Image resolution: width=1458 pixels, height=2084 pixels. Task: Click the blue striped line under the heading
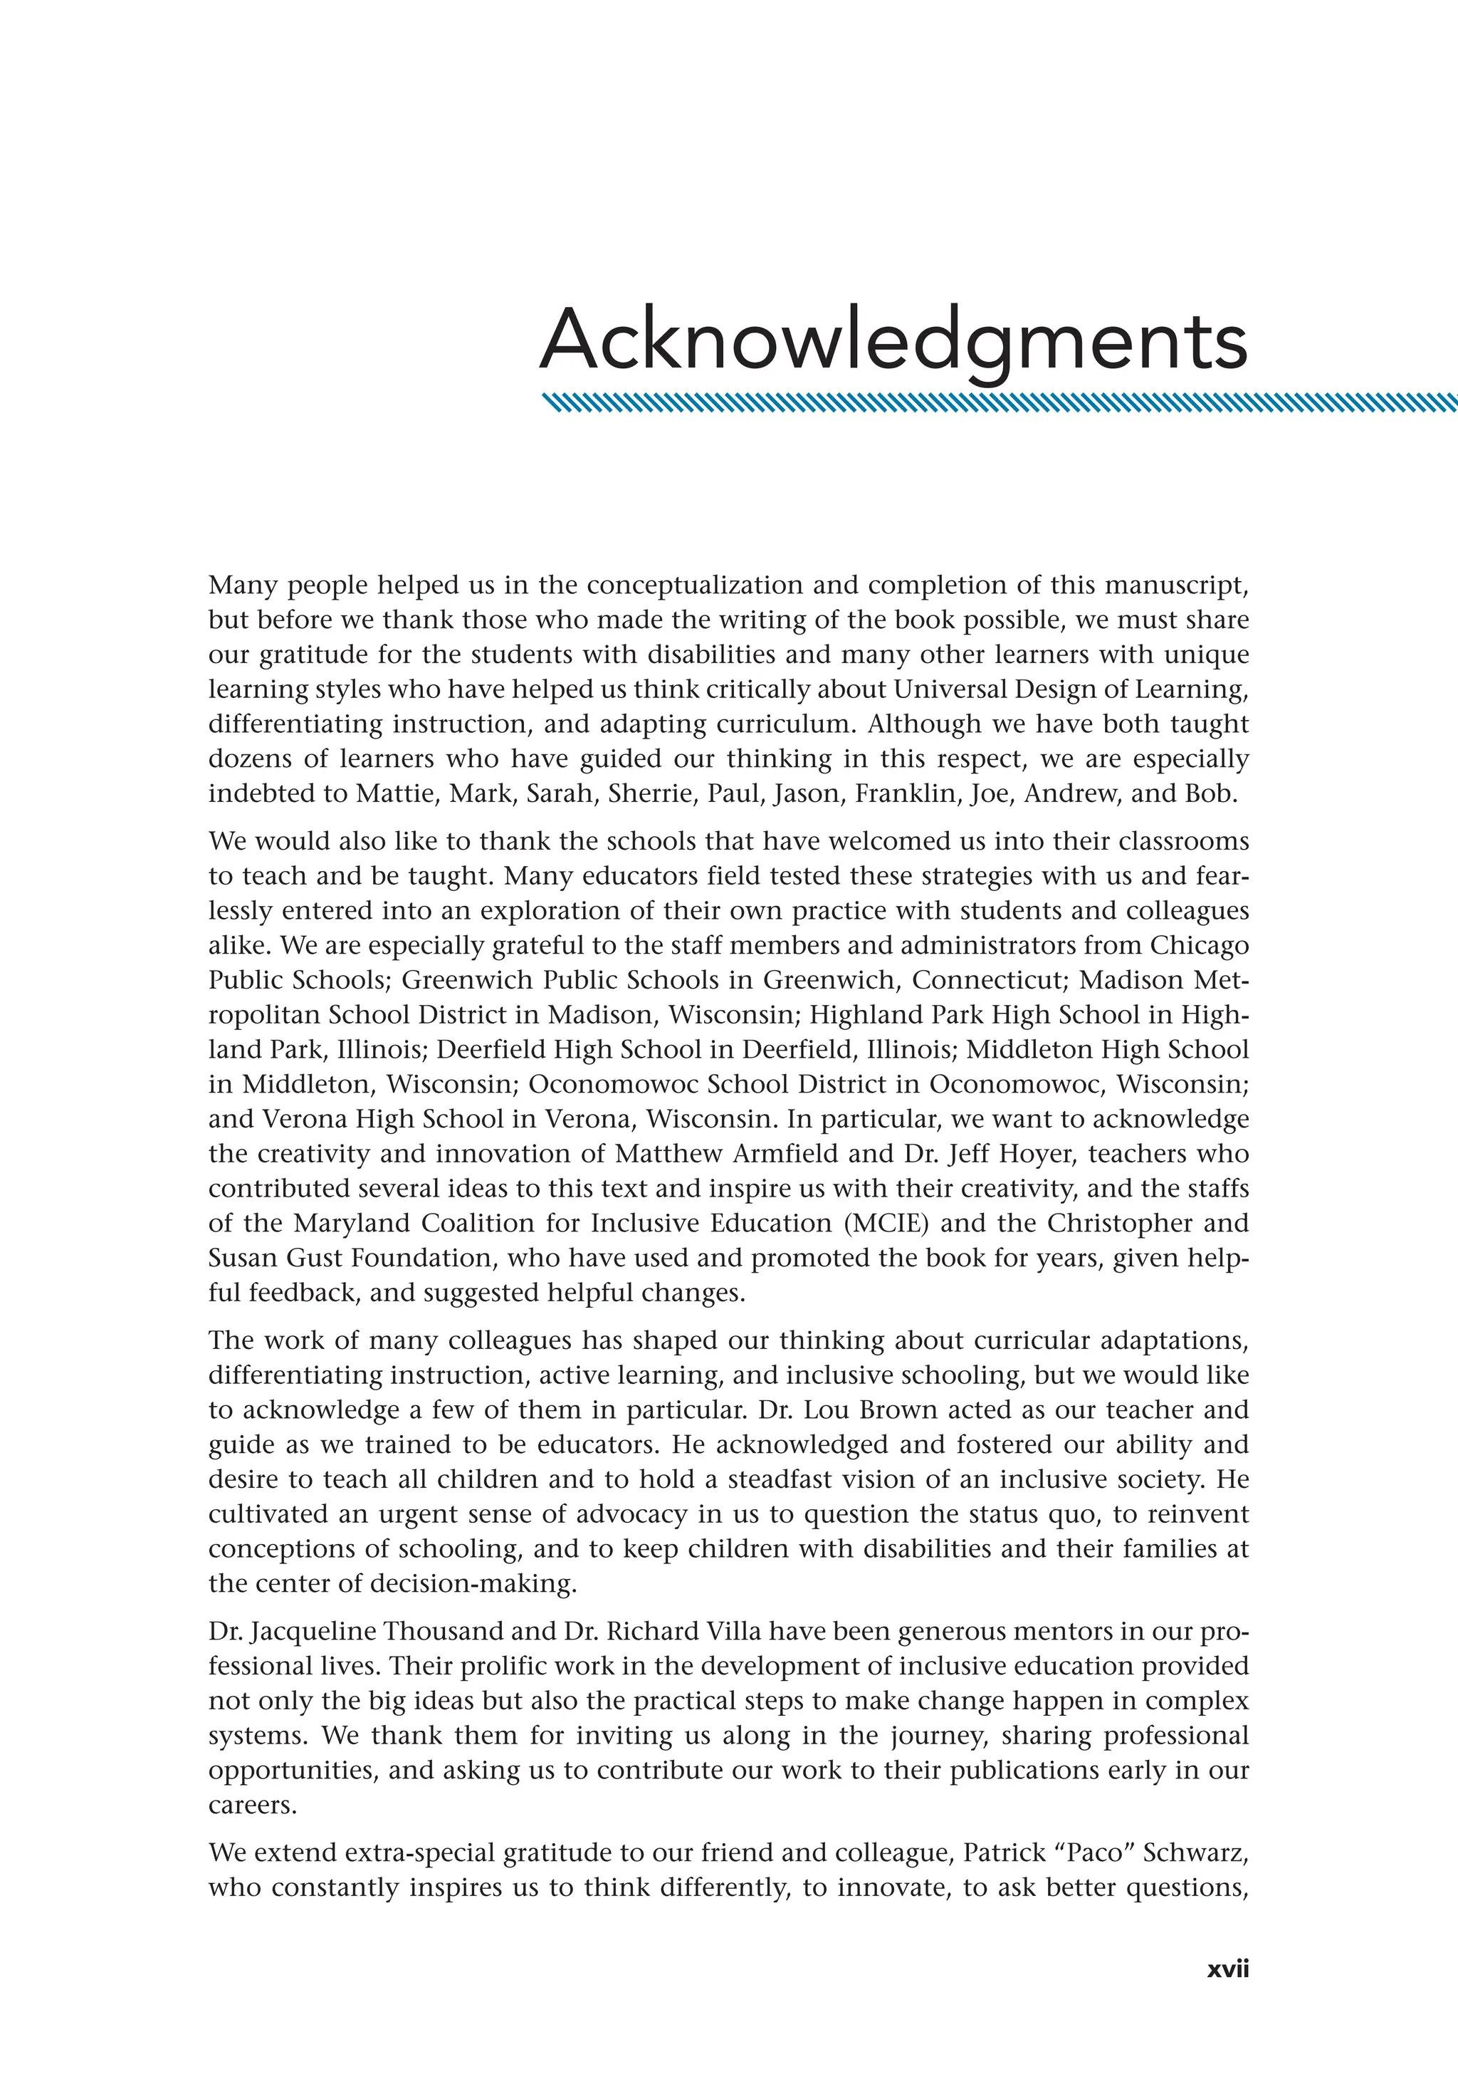pos(998,403)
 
